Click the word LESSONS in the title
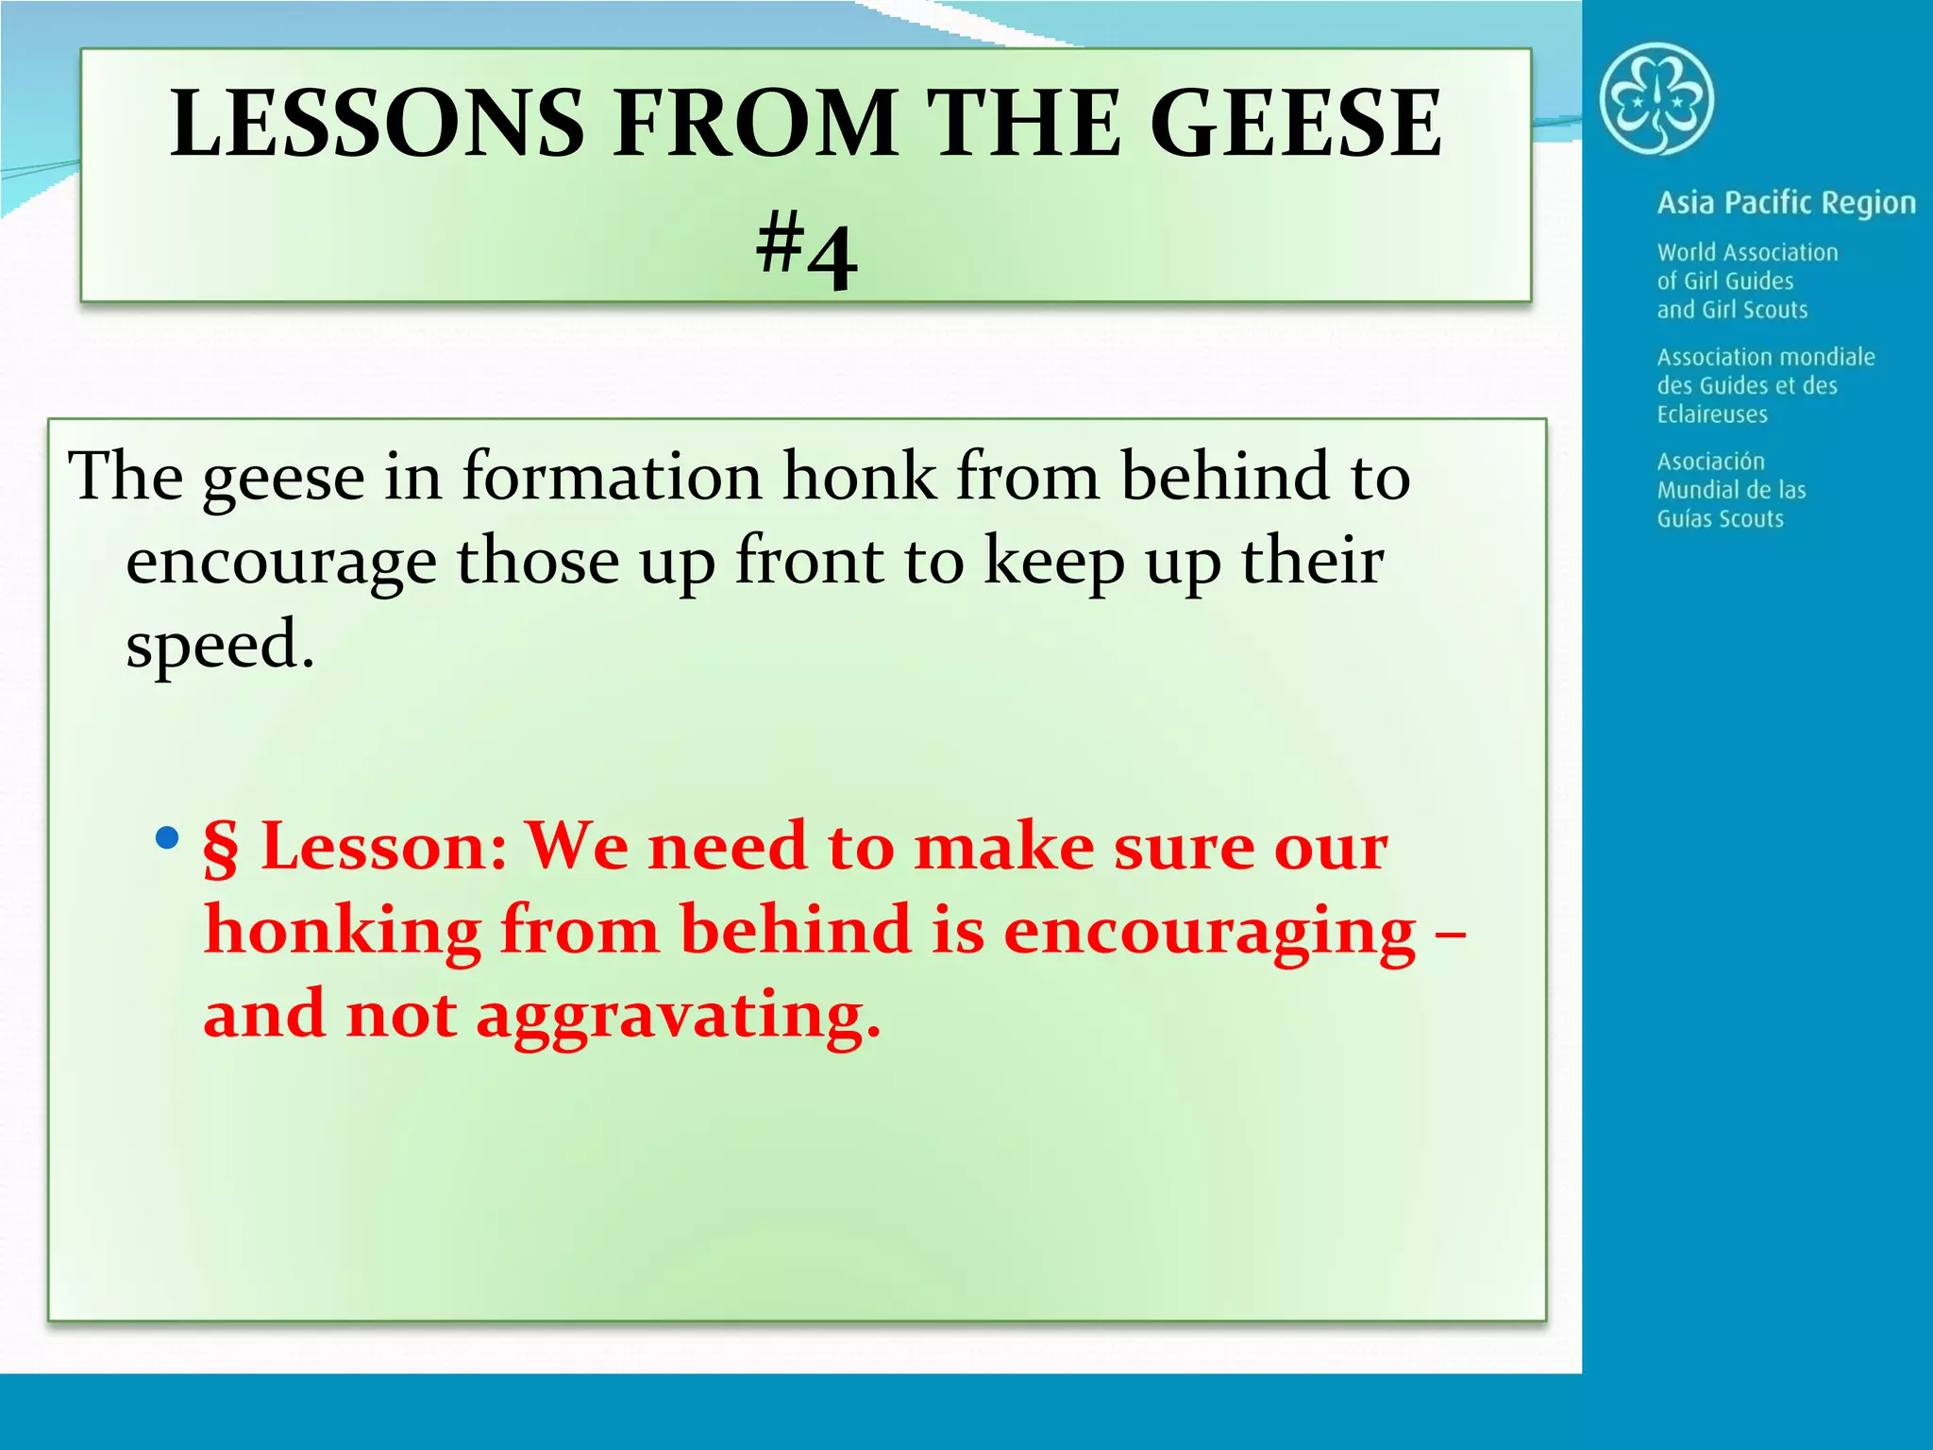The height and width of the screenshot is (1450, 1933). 378,123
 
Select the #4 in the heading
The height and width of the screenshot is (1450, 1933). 807,251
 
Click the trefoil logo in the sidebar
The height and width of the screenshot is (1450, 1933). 1656,99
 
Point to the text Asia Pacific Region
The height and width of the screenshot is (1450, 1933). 1786,203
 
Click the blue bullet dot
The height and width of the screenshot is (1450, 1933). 167,837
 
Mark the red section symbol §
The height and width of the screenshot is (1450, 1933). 221,847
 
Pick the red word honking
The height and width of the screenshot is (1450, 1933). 343,933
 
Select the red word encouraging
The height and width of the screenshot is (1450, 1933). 1209,933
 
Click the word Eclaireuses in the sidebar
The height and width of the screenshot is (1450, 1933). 1712,414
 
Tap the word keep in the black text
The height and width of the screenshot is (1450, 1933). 1054,563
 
